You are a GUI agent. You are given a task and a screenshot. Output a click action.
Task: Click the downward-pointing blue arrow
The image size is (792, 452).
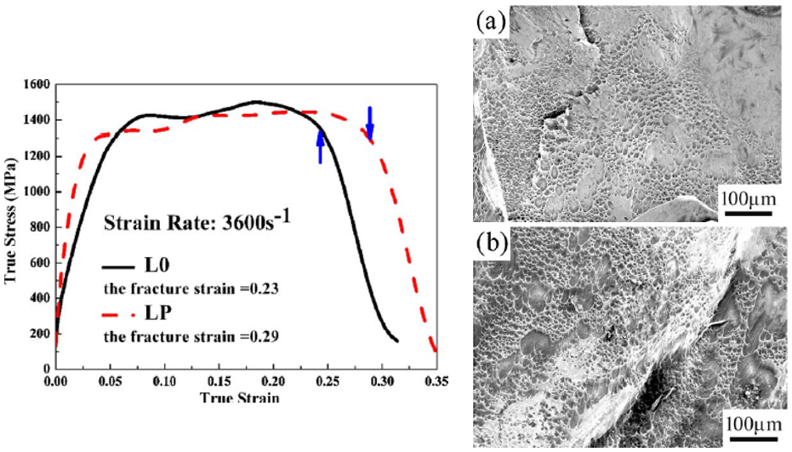[369, 123]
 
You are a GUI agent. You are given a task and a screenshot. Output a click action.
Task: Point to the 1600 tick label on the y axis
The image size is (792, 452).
[37, 85]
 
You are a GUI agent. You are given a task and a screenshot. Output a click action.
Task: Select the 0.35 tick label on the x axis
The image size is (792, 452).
[436, 384]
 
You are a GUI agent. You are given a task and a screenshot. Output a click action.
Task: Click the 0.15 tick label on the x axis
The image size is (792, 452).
[219, 384]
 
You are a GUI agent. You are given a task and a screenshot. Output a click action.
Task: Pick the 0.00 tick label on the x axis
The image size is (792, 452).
[56, 384]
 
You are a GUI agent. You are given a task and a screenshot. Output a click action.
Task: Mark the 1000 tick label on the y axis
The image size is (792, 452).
[37, 192]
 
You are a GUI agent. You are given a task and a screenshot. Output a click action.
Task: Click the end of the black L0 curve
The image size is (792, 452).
[397, 341]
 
